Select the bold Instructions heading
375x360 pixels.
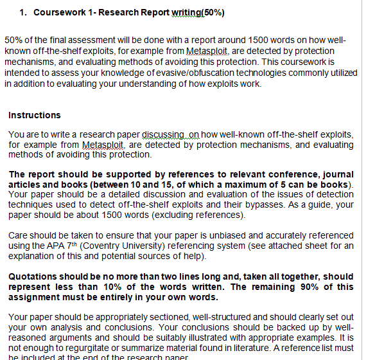point(35,115)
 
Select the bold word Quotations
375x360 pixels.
point(33,276)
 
